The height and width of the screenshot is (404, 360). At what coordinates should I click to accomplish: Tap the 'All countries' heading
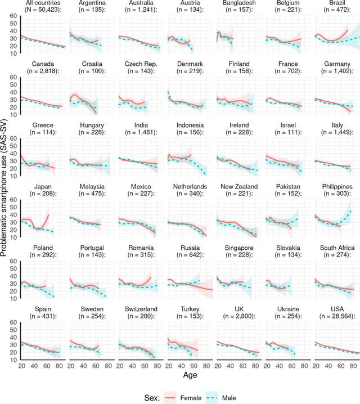point(40,3)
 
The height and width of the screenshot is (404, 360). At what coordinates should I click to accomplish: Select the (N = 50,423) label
point(40,11)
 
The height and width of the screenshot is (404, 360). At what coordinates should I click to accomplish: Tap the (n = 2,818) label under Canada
point(40,71)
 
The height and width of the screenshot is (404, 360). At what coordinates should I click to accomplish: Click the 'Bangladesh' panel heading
point(237,3)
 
